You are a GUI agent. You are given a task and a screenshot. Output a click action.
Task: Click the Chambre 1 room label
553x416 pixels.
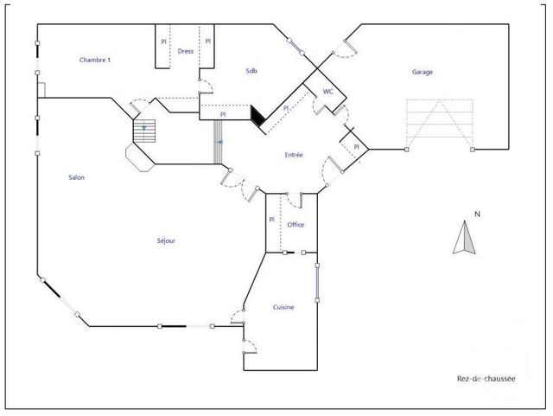[x=95, y=60]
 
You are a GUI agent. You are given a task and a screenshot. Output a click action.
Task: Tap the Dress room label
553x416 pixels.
[x=185, y=51]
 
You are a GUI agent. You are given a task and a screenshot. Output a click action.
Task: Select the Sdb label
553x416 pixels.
[x=251, y=71]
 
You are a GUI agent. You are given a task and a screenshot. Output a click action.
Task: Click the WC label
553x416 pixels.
[x=328, y=91]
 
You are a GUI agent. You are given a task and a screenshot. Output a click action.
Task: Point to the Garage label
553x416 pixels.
[x=423, y=73]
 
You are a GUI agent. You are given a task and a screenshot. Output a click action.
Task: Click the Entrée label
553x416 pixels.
[x=294, y=155]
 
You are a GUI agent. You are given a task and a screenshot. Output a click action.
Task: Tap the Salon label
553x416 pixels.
[x=77, y=178]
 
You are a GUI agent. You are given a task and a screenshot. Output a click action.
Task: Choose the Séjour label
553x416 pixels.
[x=164, y=240]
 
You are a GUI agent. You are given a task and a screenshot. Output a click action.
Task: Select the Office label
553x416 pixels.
[x=296, y=225]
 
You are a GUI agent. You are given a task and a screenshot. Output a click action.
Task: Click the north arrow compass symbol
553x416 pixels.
[x=465, y=238]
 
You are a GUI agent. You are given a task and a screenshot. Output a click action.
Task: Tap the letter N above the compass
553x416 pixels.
[x=465, y=214]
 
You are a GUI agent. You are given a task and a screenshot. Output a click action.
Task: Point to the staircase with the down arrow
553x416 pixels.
[x=145, y=131]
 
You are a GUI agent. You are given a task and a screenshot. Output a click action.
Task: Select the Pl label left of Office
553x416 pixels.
[x=271, y=220]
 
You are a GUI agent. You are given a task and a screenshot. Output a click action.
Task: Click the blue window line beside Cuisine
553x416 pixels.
[x=317, y=279]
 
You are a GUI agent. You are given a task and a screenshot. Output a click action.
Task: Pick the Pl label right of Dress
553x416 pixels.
[x=208, y=41]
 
